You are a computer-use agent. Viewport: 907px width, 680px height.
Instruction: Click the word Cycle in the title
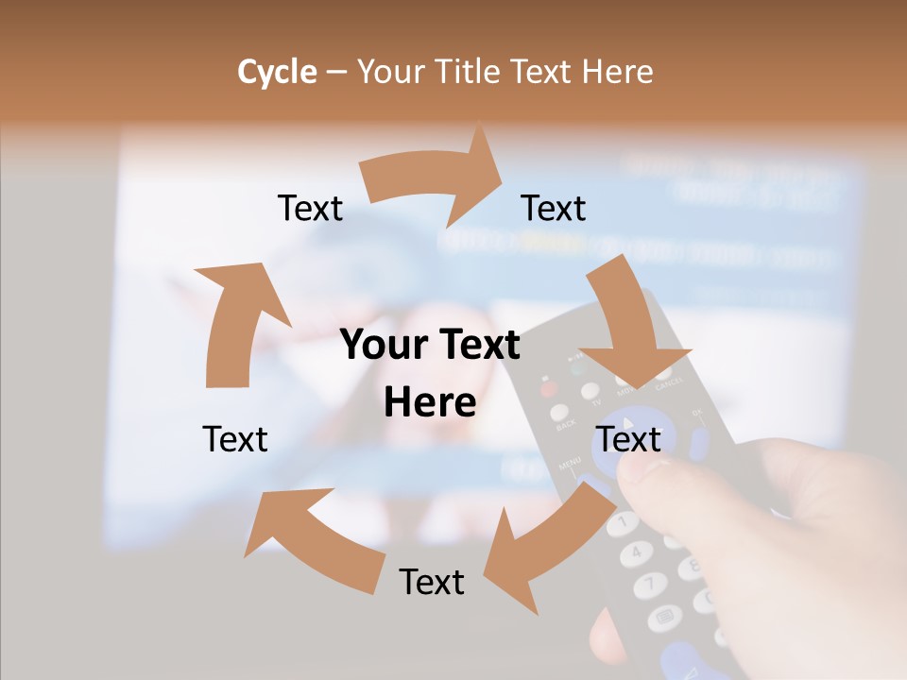[277, 72]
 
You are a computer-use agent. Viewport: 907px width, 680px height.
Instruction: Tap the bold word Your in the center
[378, 346]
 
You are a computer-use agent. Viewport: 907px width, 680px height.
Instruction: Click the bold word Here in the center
[430, 402]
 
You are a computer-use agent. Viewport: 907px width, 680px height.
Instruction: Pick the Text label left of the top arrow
[310, 208]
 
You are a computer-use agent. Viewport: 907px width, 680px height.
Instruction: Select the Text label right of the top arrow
[554, 208]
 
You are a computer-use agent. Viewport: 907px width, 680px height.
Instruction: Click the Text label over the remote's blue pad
[629, 439]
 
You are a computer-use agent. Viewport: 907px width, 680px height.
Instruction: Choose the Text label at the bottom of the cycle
[432, 582]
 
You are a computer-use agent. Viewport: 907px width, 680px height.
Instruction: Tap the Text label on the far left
[235, 439]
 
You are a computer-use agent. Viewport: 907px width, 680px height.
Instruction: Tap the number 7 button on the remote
[650, 585]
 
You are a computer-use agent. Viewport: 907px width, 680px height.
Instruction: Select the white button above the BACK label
[560, 413]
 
